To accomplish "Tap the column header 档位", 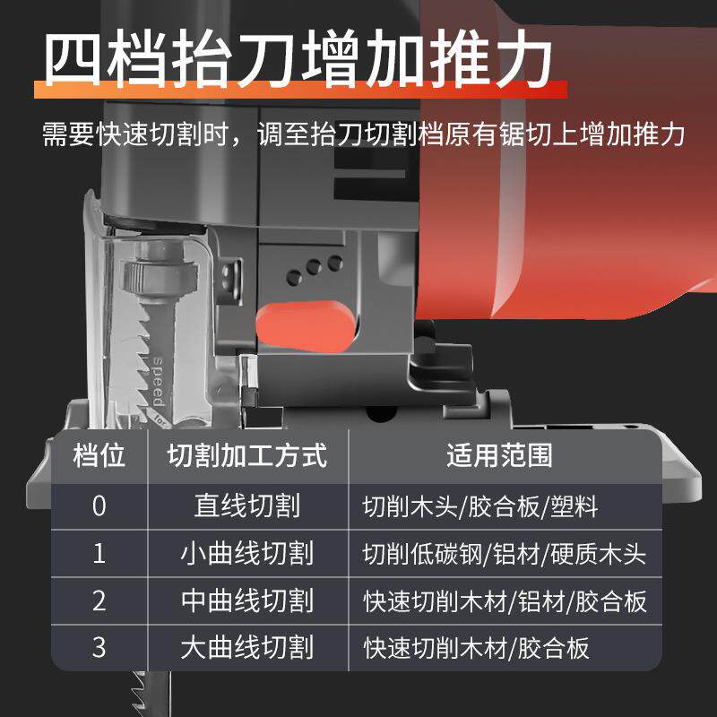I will pyautogui.click(x=99, y=455).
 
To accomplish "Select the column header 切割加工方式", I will pyautogui.click(x=246, y=455).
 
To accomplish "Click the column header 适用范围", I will pyautogui.click(x=499, y=455).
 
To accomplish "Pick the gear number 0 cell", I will pyautogui.click(x=99, y=505).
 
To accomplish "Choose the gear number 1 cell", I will pyautogui.click(x=99, y=553).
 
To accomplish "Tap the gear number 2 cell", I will pyautogui.click(x=99, y=600).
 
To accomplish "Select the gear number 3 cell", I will pyautogui.click(x=99, y=647).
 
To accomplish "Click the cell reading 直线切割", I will pyautogui.click(x=246, y=505).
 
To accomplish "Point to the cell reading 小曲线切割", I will pyautogui.click(x=246, y=553).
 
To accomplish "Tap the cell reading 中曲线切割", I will pyautogui.click(x=246, y=600).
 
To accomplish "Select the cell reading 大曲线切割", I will pyautogui.click(x=246, y=647).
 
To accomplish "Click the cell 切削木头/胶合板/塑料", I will pyautogui.click(x=479, y=505).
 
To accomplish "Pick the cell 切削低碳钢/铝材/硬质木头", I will pyautogui.click(x=504, y=553).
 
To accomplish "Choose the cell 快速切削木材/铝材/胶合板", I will pyautogui.click(x=504, y=600).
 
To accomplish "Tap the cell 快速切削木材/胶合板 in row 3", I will pyautogui.click(x=476, y=647).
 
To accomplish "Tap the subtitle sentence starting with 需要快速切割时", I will pyautogui.click(x=364, y=134).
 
